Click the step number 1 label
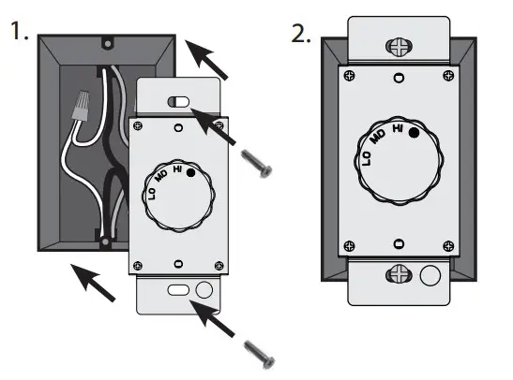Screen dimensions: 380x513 tap(17, 35)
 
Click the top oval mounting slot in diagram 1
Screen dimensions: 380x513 tap(178, 100)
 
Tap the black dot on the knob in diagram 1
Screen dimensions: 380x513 tap(191, 174)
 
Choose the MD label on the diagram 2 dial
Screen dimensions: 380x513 tap(377, 138)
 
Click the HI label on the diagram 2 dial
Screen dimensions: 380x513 tap(398, 128)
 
